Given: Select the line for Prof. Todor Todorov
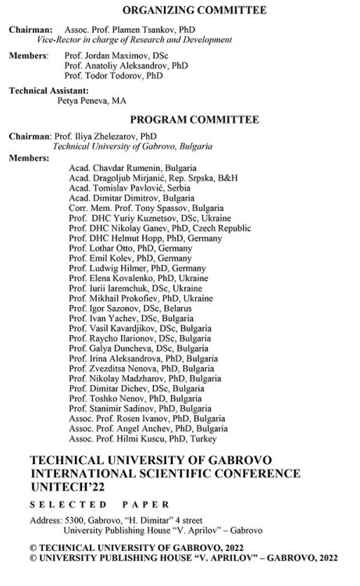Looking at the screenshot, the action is [114, 76].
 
